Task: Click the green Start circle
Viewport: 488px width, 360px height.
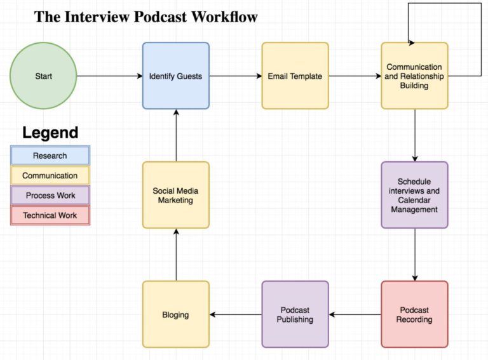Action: [x=43, y=76]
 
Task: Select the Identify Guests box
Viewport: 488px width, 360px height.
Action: [x=175, y=76]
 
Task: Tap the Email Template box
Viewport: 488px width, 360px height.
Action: [x=295, y=76]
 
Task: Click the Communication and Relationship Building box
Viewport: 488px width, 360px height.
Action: [x=414, y=76]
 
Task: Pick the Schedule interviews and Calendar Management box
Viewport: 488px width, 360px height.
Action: [x=414, y=195]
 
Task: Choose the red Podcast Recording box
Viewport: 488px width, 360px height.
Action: [x=414, y=314]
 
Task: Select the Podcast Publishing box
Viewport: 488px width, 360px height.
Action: [x=295, y=314]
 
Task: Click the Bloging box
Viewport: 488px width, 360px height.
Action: [x=175, y=314]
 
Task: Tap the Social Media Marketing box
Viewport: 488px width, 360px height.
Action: [x=175, y=195]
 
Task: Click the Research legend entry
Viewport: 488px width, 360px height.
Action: [x=50, y=156]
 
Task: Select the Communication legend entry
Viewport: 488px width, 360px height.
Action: [x=50, y=175]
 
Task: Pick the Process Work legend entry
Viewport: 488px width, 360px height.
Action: [x=50, y=196]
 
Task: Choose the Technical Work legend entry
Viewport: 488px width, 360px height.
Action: [x=50, y=215]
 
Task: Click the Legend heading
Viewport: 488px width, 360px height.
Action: [x=50, y=133]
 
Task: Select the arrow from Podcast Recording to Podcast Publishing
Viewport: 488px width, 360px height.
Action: [x=355, y=314]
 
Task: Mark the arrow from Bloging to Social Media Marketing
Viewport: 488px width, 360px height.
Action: [x=175, y=254]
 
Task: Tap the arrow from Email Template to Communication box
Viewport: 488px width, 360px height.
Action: [x=355, y=76]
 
